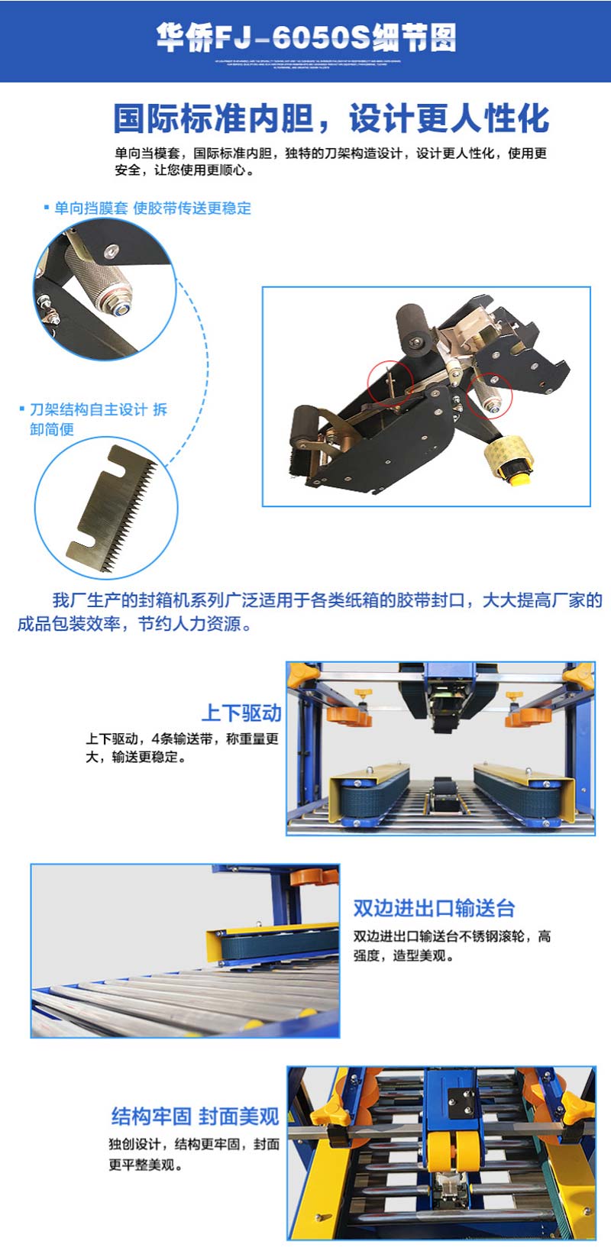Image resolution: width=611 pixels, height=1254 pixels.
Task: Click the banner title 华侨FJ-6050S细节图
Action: click(x=305, y=37)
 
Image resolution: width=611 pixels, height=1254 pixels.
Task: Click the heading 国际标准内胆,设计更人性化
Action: click(x=331, y=119)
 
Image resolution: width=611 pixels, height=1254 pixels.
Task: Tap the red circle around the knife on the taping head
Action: click(x=390, y=382)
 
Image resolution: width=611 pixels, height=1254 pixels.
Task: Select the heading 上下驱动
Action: click(x=241, y=713)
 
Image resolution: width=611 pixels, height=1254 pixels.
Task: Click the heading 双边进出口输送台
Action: click(x=434, y=908)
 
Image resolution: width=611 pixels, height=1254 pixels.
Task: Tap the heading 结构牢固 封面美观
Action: click(x=195, y=1116)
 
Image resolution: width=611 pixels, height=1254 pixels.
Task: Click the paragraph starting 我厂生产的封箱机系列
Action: click(x=309, y=612)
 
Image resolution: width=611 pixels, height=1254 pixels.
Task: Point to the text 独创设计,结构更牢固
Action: click(x=193, y=1154)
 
